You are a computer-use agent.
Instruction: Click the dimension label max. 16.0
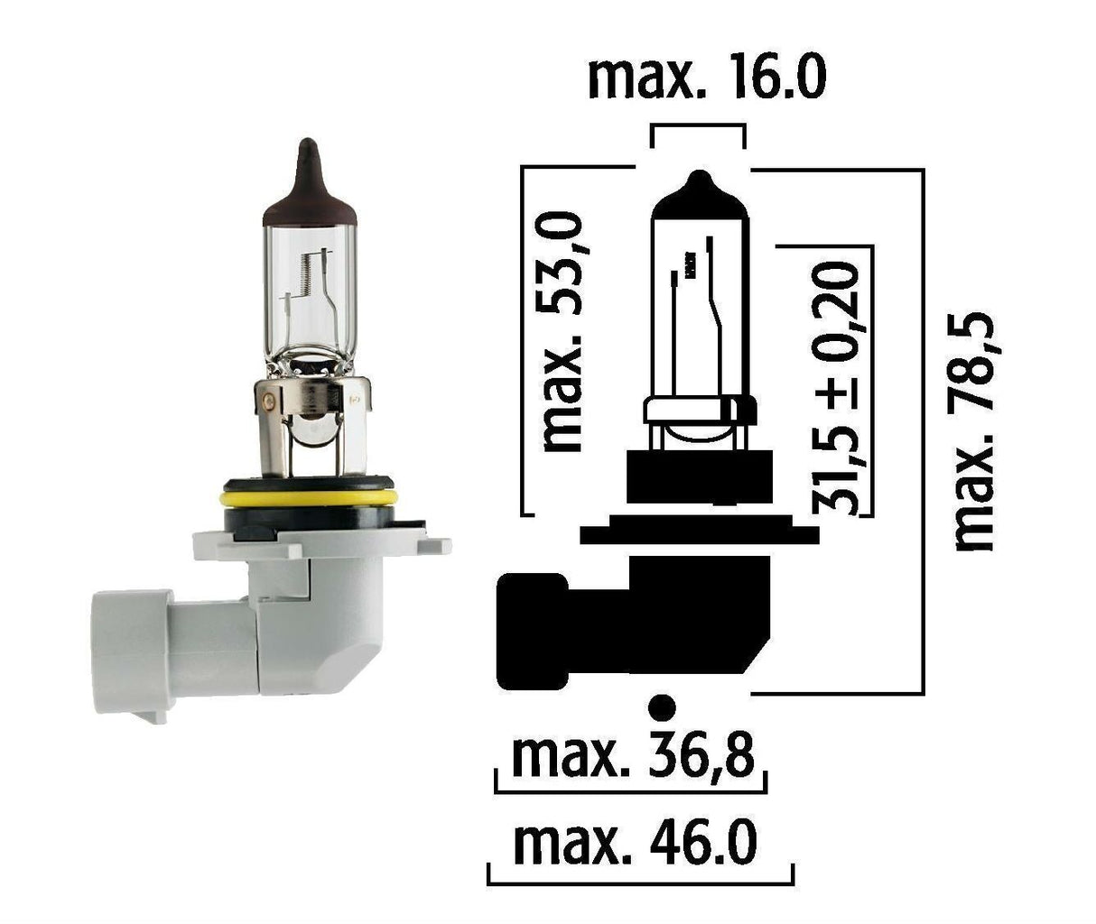pos(706,79)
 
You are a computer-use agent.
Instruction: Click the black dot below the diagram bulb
pos(663,706)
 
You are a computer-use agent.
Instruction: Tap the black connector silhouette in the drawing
pos(632,623)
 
